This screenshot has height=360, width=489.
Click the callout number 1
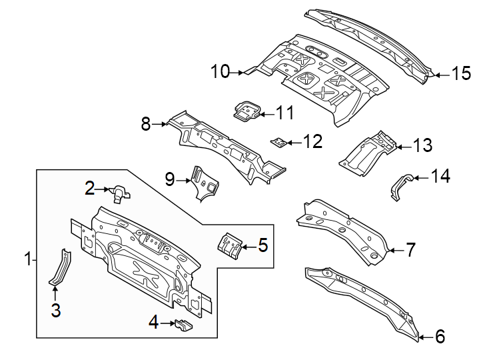tap(27, 259)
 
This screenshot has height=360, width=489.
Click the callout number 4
tap(153, 323)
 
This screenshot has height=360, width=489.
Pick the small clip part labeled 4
tap(183, 325)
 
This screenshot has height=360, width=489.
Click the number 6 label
tap(440, 337)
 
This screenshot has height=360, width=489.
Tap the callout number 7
tap(410, 250)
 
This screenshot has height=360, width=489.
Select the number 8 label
tap(147, 123)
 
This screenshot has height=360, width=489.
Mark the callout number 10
tap(221, 71)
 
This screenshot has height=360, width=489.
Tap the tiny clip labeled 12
tap(278, 141)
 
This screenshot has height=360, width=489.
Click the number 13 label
tap(422, 145)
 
